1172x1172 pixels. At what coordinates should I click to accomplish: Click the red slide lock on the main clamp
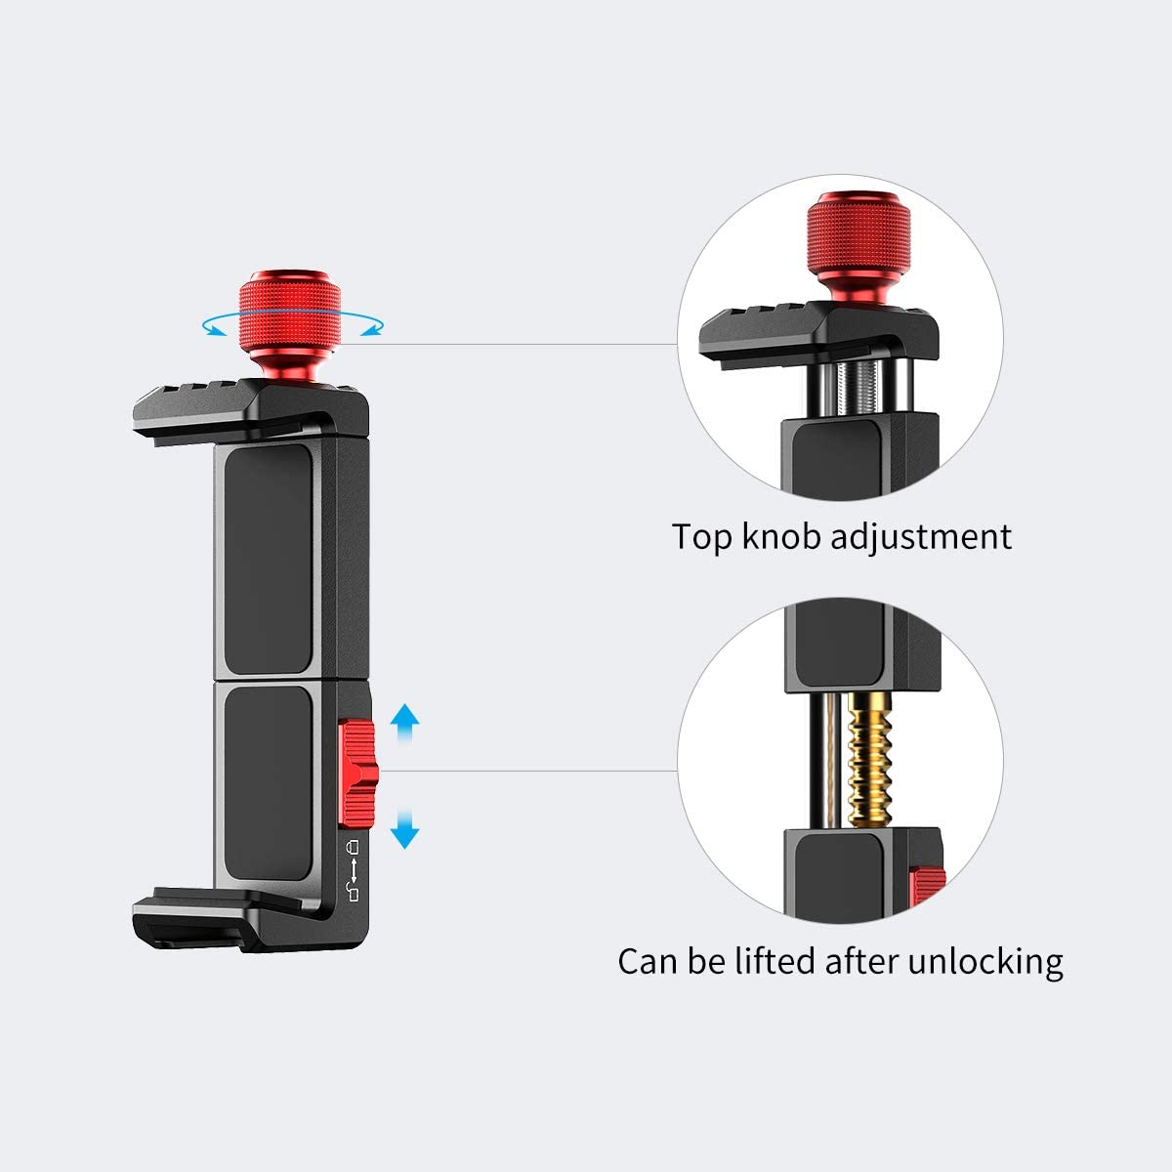click(356, 772)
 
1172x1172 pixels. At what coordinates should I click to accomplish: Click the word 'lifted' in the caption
click(768, 961)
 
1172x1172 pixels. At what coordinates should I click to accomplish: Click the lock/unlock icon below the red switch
click(354, 869)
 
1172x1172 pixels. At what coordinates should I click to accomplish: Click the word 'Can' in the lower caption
click(649, 961)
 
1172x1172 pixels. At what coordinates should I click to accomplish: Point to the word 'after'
click(862, 961)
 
